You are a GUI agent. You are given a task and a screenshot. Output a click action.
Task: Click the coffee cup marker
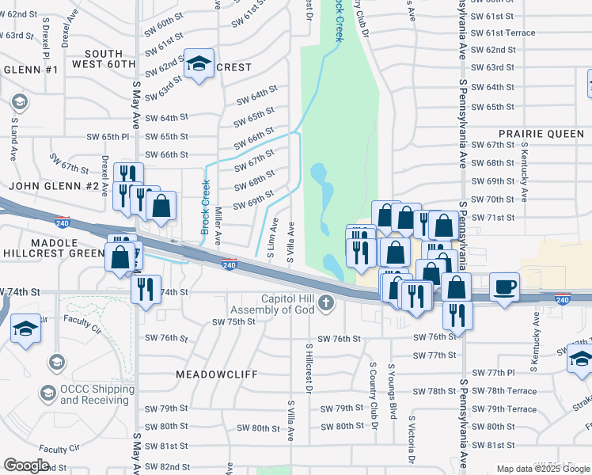(x=503, y=287)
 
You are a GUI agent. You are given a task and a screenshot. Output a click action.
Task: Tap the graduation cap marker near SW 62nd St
(x=198, y=64)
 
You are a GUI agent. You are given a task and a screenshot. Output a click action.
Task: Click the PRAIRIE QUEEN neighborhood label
(x=541, y=134)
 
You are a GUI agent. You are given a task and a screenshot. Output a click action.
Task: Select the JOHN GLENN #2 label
(x=54, y=186)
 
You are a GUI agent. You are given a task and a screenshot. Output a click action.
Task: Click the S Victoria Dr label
(x=412, y=439)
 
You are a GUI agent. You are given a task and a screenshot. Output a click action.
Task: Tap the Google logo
(x=26, y=465)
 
